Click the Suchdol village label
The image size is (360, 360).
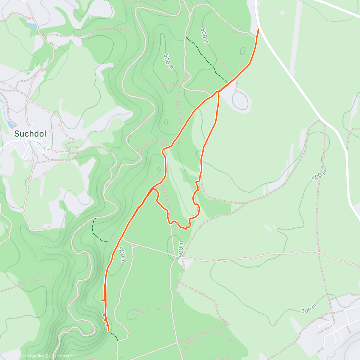coord(30,134)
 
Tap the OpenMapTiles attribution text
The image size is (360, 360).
coord(32,356)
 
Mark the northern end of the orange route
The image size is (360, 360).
coord(259,29)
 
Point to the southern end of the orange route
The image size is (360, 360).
coord(108,331)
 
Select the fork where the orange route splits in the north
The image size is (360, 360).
coord(218,92)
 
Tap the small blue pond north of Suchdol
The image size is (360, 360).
coord(32,26)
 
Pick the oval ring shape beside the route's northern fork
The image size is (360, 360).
coord(240,101)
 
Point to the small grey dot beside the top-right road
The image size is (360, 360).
coord(282,13)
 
